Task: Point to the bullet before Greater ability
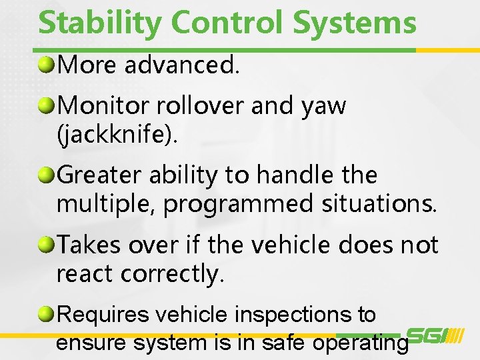click(47, 175)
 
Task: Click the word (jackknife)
click(118, 135)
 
